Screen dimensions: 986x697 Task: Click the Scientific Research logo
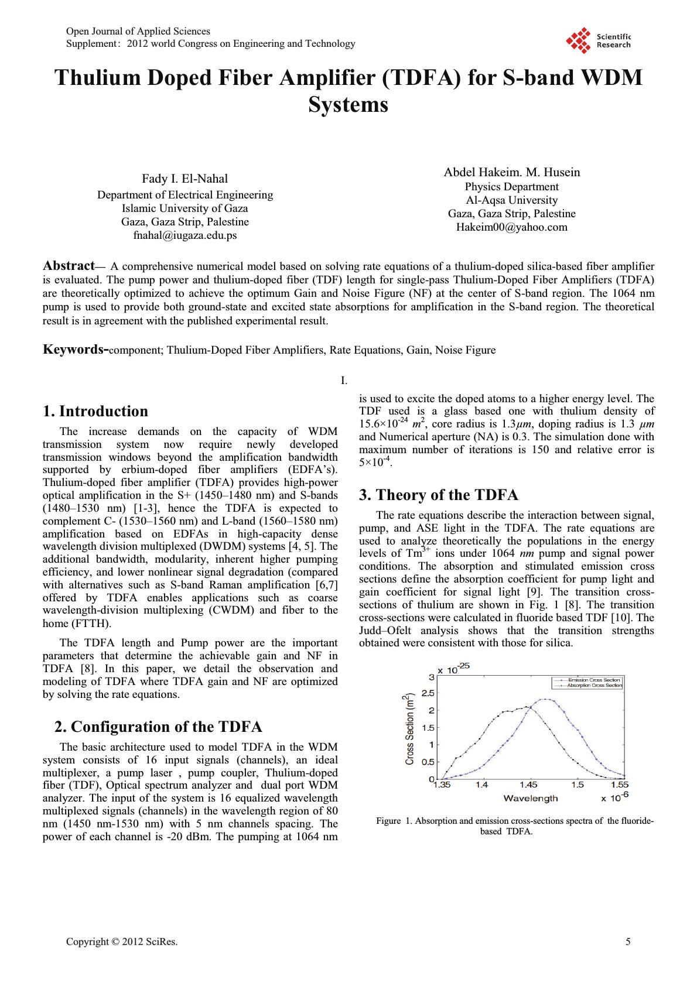[x=597, y=41]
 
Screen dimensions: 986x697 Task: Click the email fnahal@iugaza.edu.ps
[x=185, y=235]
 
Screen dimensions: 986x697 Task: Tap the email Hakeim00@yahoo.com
[x=511, y=227]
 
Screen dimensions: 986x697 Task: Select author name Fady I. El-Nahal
[x=185, y=179]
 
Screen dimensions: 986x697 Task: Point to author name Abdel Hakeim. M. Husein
[x=511, y=172]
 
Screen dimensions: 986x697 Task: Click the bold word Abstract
[x=69, y=266]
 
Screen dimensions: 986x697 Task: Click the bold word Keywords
[x=74, y=350]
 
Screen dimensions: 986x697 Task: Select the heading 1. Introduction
[x=95, y=411]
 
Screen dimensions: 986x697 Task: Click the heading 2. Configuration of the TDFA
[x=158, y=727]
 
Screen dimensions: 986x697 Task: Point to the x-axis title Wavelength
[x=530, y=799]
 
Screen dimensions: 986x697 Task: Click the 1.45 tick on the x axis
[x=528, y=785]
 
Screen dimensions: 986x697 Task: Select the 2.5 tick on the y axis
[x=427, y=693]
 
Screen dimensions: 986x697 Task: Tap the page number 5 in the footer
[x=628, y=942]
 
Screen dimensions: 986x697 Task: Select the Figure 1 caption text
[x=514, y=826]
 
